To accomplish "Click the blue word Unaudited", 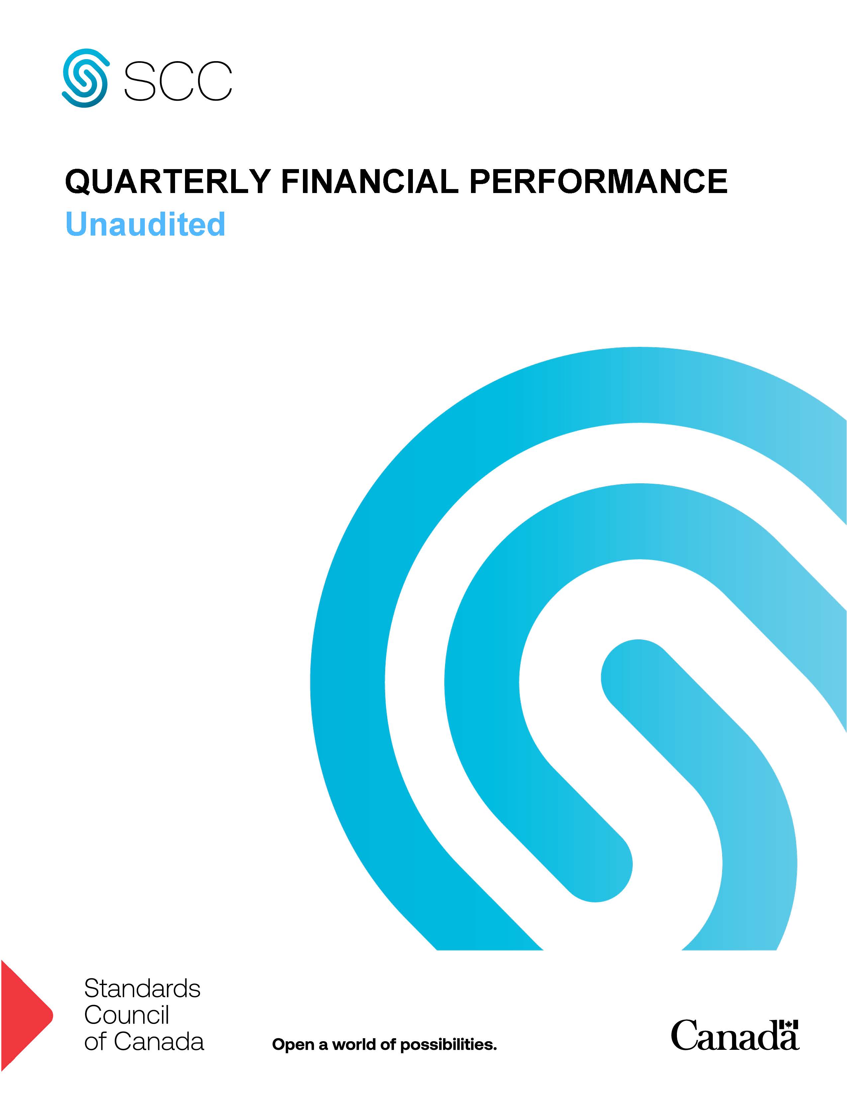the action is pyautogui.click(x=145, y=224).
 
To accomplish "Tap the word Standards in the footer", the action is pyautogui.click(x=142, y=989).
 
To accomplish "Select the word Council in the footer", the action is pyautogui.click(x=127, y=1015).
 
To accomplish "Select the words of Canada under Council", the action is pyautogui.click(x=144, y=1042).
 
